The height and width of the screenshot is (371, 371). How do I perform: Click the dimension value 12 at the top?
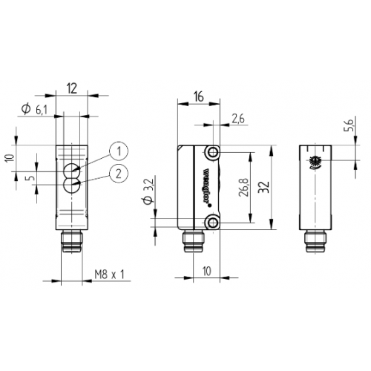click(x=72, y=87)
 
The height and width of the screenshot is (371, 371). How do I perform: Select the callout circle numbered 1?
click(x=114, y=151)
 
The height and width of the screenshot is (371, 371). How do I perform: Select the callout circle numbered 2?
click(x=114, y=174)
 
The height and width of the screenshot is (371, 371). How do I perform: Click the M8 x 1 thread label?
click(x=111, y=275)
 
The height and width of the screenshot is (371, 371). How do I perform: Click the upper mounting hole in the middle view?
click(x=214, y=153)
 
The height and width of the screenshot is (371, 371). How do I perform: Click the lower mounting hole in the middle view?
click(x=214, y=223)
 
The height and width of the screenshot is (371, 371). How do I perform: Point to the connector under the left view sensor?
click(x=72, y=242)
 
